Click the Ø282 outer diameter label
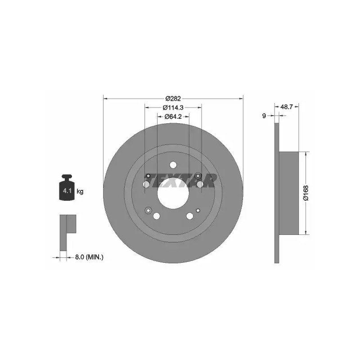point(173,99)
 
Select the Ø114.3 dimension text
point(173,108)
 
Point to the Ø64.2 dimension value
point(173,117)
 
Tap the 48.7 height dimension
point(287,107)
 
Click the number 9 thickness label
point(264,116)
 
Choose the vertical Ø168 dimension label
point(306,193)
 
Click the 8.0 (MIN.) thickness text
point(89,257)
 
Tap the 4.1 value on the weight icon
point(67,190)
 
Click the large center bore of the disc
point(173,193)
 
